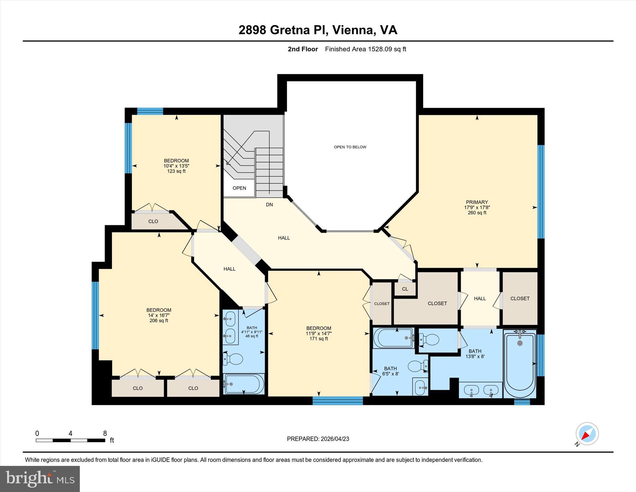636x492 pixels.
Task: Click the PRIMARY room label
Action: tap(477, 202)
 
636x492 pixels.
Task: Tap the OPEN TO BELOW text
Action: tap(350, 147)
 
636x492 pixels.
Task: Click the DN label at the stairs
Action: tap(269, 205)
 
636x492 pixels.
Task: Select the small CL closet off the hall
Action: tap(405, 289)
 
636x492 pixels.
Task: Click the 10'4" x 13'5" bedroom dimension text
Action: tap(176, 166)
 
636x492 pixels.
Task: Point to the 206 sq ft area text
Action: tap(159, 320)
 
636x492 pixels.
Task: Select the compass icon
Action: tap(587, 434)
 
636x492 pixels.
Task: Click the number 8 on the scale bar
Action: tap(105, 433)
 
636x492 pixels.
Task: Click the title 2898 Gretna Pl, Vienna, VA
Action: tap(318, 30)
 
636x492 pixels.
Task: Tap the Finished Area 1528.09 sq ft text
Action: tap(366, 49)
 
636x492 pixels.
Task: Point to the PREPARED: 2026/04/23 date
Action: tap(318, 439)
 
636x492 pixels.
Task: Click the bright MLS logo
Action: tap(40, 479)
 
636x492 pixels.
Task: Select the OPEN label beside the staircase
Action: tap(239, 188)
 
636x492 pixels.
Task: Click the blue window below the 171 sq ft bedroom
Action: tap(338, 401)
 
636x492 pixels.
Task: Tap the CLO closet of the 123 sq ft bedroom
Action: tap(153, 221)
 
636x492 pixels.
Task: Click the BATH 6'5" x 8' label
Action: tap(390, 371)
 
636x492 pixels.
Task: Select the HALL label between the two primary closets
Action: tap(480, 298)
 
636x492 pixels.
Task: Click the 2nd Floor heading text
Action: tap(303, 49)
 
